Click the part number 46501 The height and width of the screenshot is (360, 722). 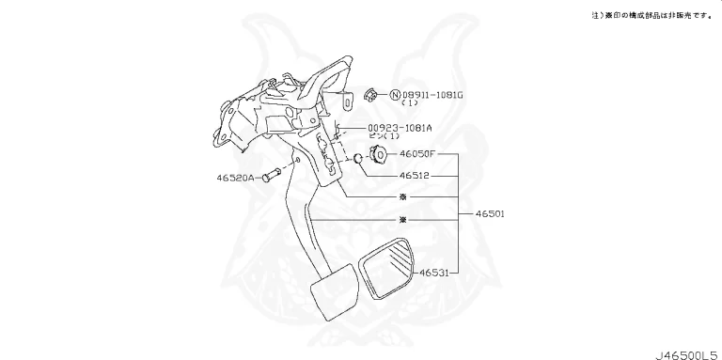489,214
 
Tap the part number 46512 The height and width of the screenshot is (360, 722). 415,175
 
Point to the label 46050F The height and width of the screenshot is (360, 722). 417,152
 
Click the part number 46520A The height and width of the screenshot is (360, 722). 234,176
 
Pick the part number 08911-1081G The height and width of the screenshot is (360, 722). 435,94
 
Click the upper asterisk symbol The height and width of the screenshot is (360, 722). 402,197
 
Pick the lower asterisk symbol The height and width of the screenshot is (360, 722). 402,220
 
